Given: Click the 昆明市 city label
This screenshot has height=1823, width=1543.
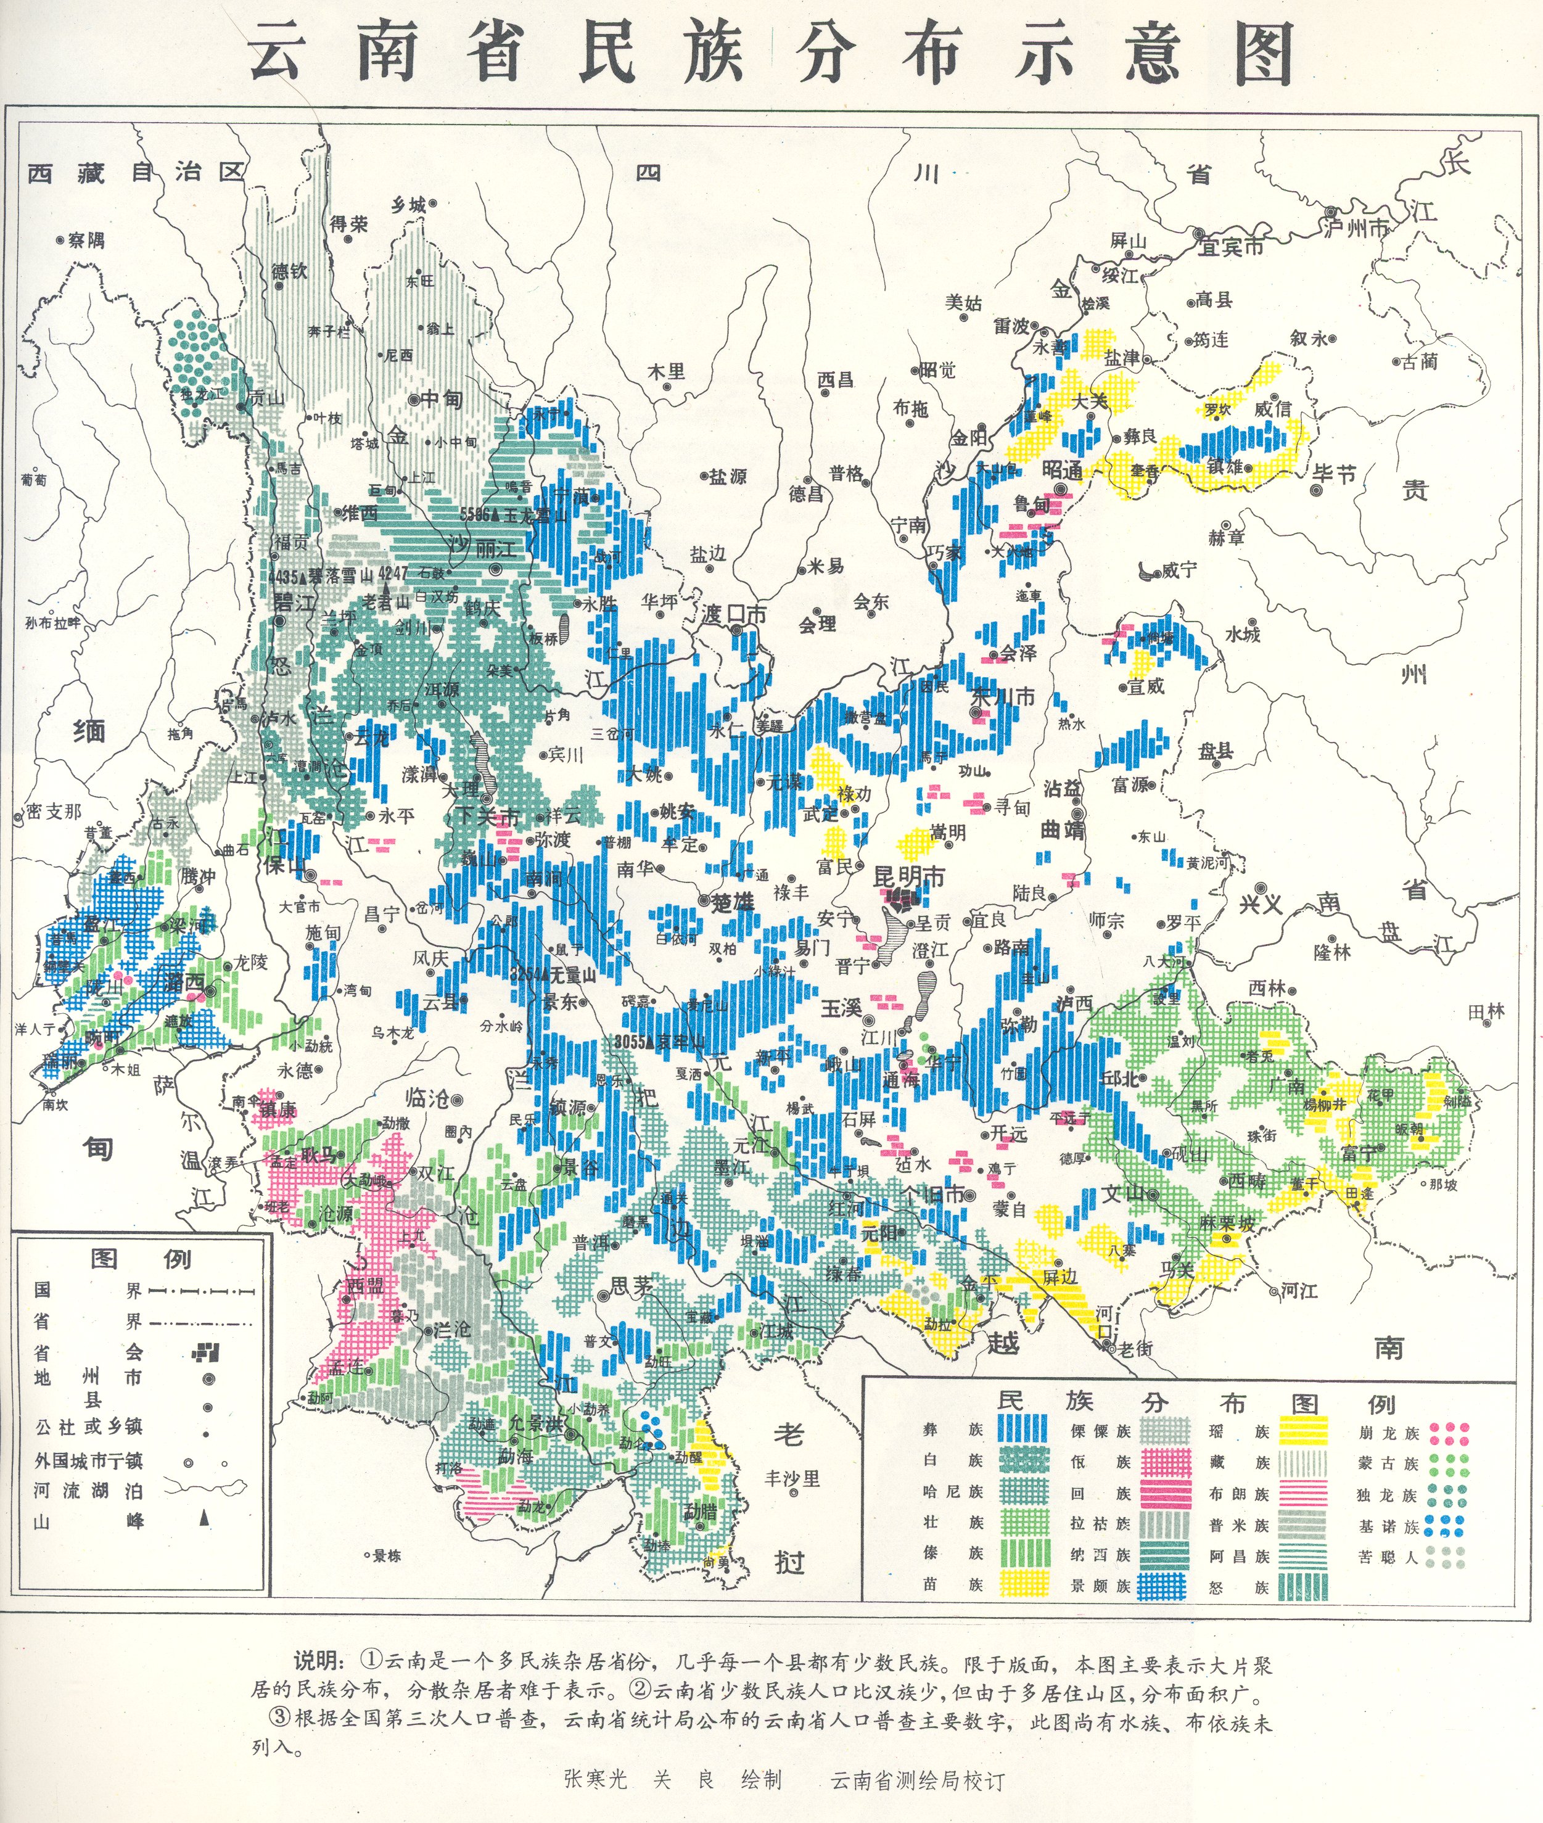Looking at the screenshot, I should tap(910, 876).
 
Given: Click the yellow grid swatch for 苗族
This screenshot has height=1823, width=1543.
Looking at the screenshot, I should tap(1022, 1584).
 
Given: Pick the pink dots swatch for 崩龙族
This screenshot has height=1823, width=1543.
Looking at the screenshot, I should tap(1449, 1433).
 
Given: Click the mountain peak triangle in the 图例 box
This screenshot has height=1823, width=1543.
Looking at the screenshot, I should tap(205, 1520).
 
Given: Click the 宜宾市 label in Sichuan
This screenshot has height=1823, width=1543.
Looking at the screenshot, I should tap(1231, 247).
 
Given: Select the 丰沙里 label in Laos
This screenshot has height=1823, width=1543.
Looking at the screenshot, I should tap(792, 1478).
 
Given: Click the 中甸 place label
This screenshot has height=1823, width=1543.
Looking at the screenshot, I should tap(441, 399).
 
